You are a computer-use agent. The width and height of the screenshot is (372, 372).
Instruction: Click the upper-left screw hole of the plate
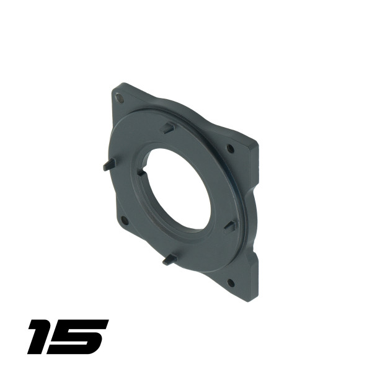pyautogui.click(x=120, y=98)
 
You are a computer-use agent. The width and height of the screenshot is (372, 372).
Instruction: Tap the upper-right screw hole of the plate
pyautogui.click(x=231, y=148)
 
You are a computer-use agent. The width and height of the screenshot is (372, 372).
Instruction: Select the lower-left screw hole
pyautogui.click(x=125, y=220)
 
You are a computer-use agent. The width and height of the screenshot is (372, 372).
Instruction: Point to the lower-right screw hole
pyautogui.click(x=231, y=283)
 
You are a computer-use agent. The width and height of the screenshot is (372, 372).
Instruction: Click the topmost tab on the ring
pyautogui.click(x=167, y=128)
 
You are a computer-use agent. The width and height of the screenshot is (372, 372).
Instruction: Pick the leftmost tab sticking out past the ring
pyautogui.click(x=110, y=164)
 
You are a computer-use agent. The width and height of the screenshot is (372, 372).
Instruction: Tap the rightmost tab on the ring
pyautogui.click(x=230, y=226)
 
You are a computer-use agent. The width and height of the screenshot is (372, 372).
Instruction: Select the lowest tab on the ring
pyautogui.click(x=170, y=260)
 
